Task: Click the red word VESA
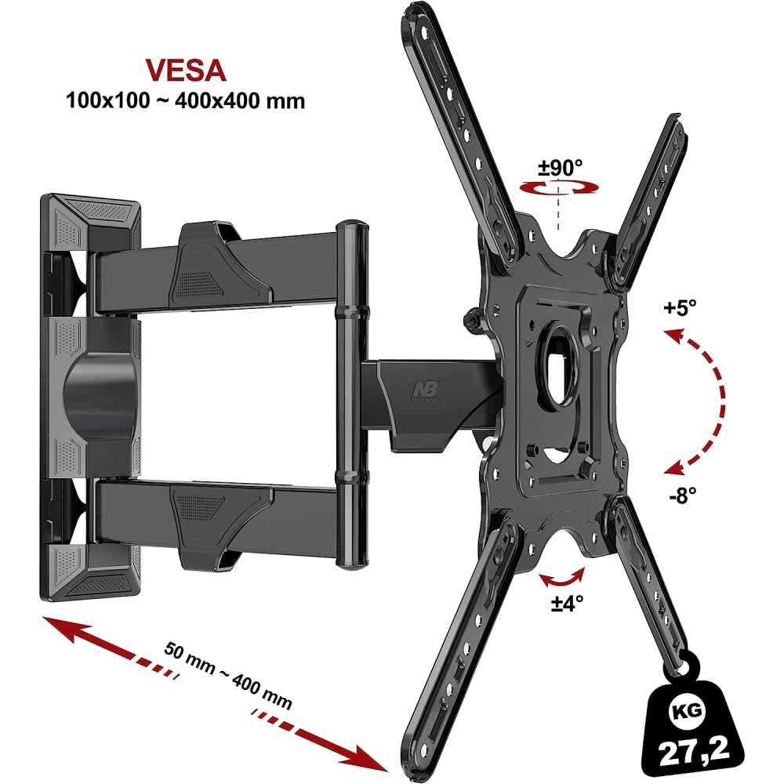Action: point(186,71)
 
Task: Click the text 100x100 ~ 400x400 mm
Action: point(186,101)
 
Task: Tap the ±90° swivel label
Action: point(560,168)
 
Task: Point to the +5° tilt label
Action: point(680,307)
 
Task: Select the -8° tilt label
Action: point(683,495)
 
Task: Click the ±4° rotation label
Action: point(567,603)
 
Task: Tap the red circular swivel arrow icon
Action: point(559,188)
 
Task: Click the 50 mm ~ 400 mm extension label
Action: point(228,675)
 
